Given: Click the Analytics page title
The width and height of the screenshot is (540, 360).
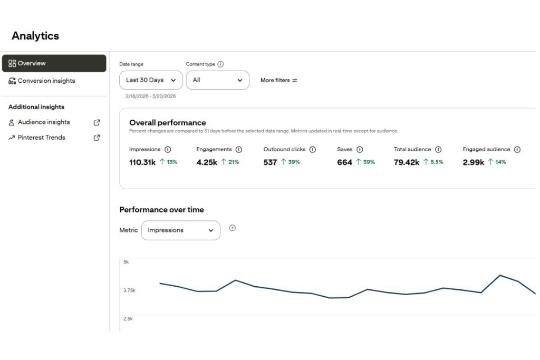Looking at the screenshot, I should coord(35,36).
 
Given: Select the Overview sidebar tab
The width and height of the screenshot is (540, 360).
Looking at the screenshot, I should coord(54,63).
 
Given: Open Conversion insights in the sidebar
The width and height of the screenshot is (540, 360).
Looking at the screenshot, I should coord(46,81).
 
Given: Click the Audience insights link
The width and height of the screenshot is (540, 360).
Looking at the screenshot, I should coord(44,122).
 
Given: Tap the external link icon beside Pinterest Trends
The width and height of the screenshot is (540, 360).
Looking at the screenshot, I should coord(97,138).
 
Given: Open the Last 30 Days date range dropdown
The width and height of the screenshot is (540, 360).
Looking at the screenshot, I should coord(151,80).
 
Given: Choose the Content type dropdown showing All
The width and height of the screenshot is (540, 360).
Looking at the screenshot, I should coord(217,80).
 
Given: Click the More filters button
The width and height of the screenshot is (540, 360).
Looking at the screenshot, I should coord(279,80).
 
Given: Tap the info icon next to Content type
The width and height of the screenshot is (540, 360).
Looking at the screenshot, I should coord(220,64).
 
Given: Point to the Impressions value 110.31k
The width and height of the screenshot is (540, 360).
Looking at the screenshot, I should coord(142,162).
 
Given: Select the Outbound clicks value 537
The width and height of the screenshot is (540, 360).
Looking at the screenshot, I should coord(270,162).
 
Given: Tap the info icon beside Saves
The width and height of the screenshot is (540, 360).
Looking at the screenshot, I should coord(360,150).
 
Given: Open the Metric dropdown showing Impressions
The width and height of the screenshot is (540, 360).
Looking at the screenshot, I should coord(181,230).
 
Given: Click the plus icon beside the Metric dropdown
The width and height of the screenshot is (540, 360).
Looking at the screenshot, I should coord(233,228).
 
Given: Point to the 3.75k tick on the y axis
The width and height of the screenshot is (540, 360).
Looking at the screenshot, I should coord(129,290).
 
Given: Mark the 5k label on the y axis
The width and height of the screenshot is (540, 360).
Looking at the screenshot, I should coord(126,262).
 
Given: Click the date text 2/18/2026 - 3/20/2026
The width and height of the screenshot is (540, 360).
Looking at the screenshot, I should coord(151,96).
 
